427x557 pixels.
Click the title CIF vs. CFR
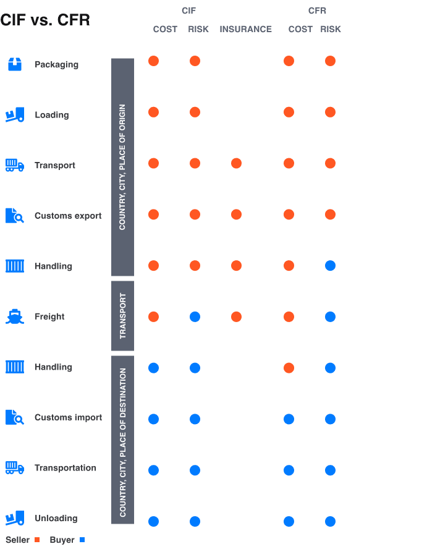tap(45, 20)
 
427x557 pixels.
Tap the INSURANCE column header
tap(245, 29)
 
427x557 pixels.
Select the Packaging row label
tap(56, 64)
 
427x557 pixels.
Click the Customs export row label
tap(68, 216)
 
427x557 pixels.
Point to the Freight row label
tap(49, 317)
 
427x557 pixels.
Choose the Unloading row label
tap(56, 518)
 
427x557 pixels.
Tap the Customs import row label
tap(68, 417)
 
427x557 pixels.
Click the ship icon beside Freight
tap(15, 317)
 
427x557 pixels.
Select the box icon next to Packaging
tap(15, 64)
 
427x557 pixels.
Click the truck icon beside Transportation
tap(15, 468)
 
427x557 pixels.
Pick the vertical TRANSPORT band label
tap(122, 316)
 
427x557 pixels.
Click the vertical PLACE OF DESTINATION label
tap(123, 442)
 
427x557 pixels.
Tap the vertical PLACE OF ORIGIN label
tap(122, 167)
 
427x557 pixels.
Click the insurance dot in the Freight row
tap(236, 317)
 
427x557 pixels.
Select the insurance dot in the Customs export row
tap(236, 215)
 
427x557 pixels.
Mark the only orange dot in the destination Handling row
tap(289, 368)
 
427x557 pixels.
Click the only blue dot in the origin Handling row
tap(330, 266)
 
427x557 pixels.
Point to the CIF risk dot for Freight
tap(195, 317)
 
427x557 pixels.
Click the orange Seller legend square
tap(37, 540)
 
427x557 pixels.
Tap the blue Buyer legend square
tap(82, 540)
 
